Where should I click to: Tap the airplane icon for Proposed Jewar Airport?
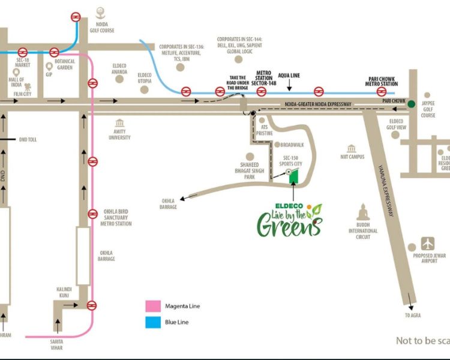(x=428, y=244)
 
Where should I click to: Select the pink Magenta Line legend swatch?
(x=154, y=307)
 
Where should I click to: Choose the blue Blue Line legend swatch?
(x=154, y=322)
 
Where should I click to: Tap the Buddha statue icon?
(x=362, y=214)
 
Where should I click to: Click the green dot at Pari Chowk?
(x=411, y=104)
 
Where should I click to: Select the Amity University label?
(x=119, y=134)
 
